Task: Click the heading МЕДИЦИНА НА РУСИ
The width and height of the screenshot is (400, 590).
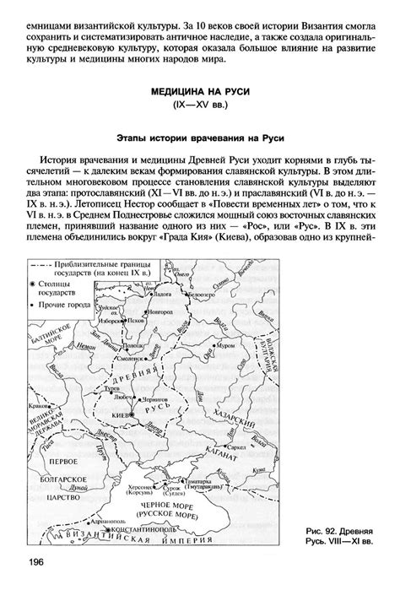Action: (200, 90)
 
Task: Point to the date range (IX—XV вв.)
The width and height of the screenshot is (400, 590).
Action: (200, 106)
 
